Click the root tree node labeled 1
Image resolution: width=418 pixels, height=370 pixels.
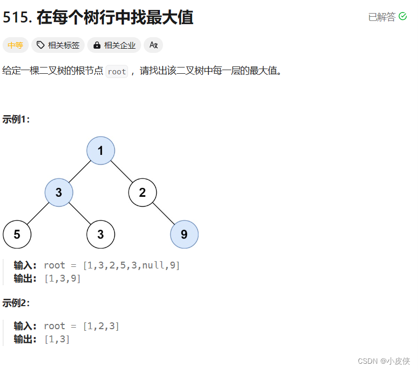click(101, 151)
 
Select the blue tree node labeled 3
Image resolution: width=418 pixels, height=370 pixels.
click(59, 193)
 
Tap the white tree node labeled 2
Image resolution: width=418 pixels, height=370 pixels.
click(143, 193)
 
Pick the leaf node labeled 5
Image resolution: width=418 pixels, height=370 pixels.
click(17, 234)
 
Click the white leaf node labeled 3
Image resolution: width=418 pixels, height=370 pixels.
click(101, 234)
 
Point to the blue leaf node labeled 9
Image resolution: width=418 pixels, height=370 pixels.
click(184, 234)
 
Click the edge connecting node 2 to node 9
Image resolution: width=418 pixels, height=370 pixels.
click(164, 214)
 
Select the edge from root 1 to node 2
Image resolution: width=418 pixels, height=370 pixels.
click(122, 172)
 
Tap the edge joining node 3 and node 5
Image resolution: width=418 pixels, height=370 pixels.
click(38, 214)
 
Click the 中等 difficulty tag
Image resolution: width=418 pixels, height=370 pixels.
click(16, 46)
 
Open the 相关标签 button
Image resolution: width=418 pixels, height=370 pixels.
click(58, 46)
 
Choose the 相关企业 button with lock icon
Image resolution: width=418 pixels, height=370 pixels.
click(114, 46)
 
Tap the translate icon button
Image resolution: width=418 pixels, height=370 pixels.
click(154, 46)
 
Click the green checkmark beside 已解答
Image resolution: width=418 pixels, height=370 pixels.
click(403, 17)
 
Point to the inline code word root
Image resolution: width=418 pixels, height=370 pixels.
click(117, 72)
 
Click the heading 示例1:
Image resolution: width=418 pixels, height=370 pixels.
click(17, 119)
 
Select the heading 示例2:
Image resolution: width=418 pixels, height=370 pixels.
click(17, 303)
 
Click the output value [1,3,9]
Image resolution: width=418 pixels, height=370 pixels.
click(62, 278)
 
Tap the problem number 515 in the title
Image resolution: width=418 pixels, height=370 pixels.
click(17, 17)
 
